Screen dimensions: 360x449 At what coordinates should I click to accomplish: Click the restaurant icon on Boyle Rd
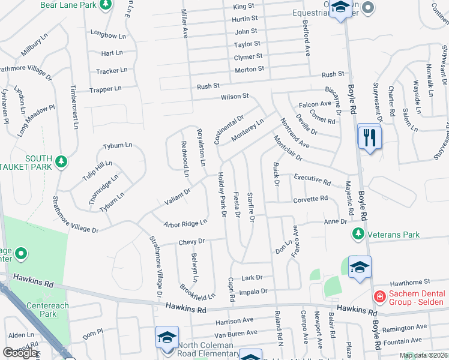pos(369,137)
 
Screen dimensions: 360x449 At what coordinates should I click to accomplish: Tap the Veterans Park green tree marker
pos(358,233)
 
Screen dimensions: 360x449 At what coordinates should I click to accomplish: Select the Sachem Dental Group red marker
pos(379,296)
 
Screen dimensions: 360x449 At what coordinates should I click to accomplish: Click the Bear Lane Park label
pos(68,5)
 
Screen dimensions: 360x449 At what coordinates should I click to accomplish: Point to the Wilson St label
pos(234,96)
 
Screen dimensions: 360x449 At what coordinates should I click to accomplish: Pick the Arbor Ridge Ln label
pos(189,223)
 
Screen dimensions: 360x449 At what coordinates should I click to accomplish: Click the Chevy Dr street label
pos(191,241)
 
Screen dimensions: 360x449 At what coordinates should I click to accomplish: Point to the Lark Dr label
pos(252,277)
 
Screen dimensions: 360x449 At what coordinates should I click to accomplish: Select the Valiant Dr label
pos(178,195)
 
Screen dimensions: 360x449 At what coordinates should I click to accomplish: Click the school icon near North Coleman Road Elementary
pos(167,337)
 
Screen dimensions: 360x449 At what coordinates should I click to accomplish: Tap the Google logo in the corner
pos(19,353)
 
